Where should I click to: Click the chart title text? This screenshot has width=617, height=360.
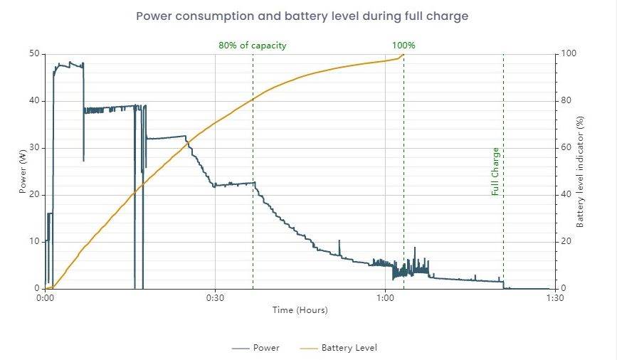(x=302, y=16)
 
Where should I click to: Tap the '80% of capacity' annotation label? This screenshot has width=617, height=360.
(x=252, y=46)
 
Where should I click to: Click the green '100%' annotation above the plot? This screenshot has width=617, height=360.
(x=404, y=46)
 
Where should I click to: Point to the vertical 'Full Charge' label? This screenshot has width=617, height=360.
(x=495, y=171)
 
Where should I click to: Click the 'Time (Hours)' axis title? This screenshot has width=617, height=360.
(x=300, y=310)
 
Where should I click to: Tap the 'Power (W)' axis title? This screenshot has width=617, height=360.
(x=23, y=171)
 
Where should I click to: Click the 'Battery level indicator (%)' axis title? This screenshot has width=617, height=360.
(x=580, y=171)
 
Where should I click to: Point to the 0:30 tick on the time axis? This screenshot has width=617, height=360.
(x=215, y=299)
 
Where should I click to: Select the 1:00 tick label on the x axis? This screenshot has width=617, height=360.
(x=385, y=299)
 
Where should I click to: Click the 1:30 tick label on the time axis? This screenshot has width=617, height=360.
(x=554, y=299)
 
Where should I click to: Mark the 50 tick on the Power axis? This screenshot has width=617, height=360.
(x=33, y=54)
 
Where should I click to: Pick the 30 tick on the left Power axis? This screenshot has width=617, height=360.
(x=33, y=148)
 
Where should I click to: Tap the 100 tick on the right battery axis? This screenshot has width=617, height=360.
(x=569, y=54)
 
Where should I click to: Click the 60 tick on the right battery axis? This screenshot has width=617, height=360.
(x=566, y=148)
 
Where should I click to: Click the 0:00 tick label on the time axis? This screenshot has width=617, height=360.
(x=45, y=299)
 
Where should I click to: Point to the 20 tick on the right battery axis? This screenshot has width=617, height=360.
(x=566, y=242)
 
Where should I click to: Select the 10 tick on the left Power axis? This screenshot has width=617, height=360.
(x=33, y=242)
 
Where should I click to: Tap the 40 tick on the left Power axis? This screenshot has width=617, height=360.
(x=33, y=101)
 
